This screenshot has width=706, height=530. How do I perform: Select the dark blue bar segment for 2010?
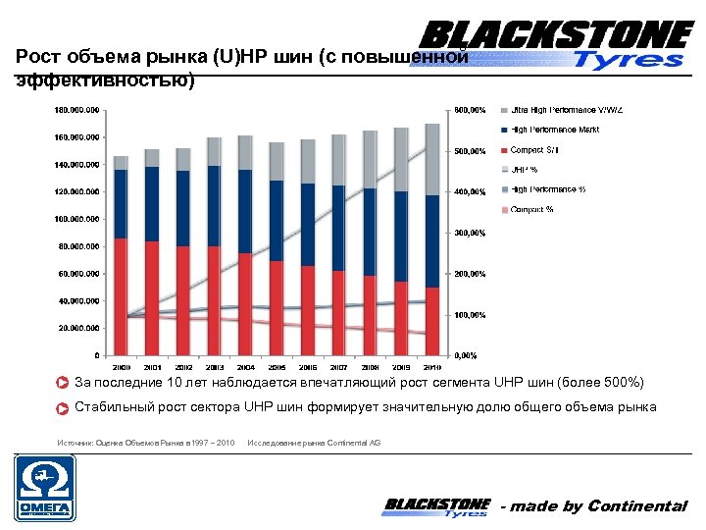click(x=432, y=241)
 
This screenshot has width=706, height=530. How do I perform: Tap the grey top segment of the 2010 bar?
click(x=432, y=159)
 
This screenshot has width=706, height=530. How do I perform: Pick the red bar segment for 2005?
click(x=277, y=307)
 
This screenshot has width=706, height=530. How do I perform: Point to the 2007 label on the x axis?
click(x=339, y=365)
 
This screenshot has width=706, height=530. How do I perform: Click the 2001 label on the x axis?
click(x=152, y=365)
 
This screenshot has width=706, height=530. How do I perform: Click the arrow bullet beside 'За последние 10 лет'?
click(x=62, y=383)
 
